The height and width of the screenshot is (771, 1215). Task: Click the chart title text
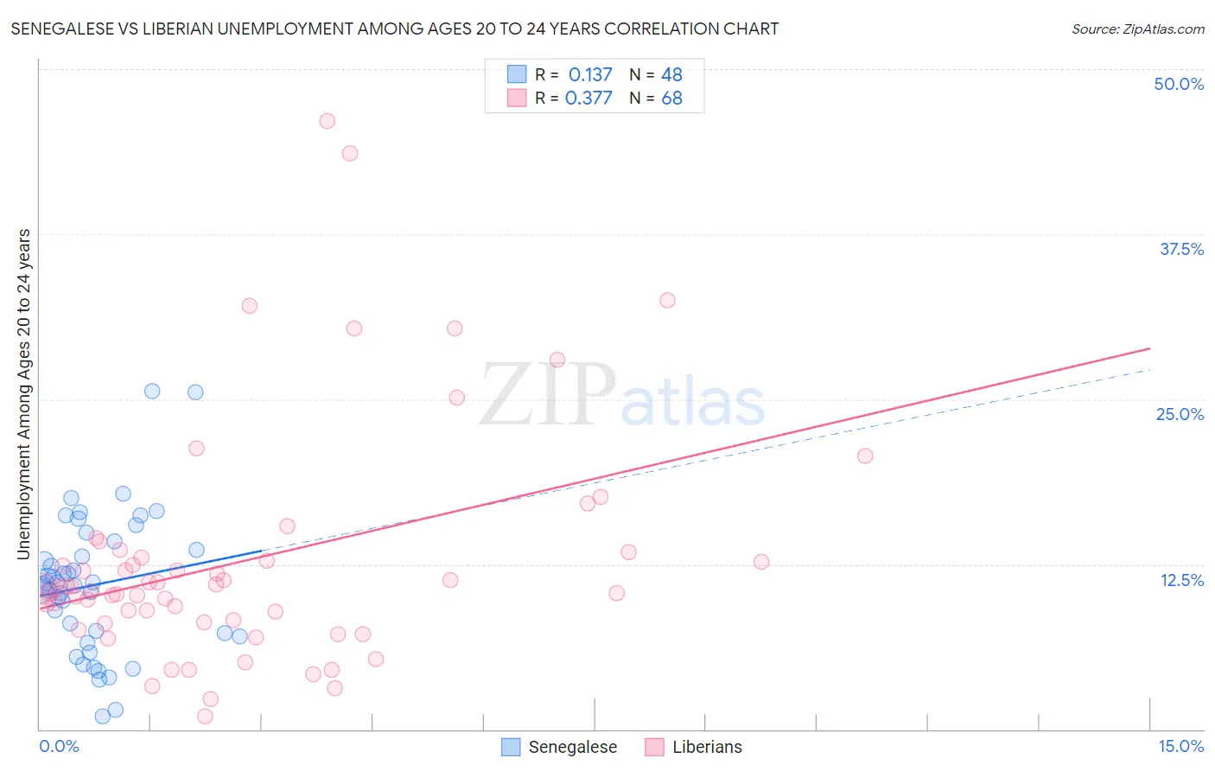[x=394, y=29]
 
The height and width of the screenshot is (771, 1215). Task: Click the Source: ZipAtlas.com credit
[x=1137, y=29]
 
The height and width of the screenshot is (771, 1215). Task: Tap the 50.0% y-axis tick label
[x=1179, y=84]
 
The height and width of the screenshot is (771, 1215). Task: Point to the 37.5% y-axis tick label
[x=1181, y=249]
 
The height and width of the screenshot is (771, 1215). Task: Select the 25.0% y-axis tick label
[x=1180, y=414]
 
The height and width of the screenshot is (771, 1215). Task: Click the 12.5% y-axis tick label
[x=1181, y=579]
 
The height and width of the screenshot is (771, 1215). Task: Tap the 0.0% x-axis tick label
[x=59, y=746]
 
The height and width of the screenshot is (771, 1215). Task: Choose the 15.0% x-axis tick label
[x=1180, y=746]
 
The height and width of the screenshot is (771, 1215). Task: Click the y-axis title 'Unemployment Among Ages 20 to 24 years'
[x=24, y=393]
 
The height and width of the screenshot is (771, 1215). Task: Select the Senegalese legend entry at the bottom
[x=560, y=747]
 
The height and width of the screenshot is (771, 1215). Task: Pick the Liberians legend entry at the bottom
[x=694, y=747]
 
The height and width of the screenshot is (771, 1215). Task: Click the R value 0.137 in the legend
[x=589, y=74]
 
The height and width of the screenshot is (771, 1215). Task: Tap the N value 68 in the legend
[x=671, y=98]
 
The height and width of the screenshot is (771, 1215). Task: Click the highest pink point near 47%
[x=327, y=121]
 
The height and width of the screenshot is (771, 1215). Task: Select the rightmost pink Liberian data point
[x=865, y=456]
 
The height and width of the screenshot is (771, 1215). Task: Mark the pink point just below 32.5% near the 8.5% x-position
[x=667, y=300]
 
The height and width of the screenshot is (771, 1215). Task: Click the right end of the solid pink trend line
[x=1150, y=348]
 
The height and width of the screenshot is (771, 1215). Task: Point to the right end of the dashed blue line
[x=1150, y=369]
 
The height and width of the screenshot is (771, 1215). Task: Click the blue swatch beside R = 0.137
[x=517, y=74]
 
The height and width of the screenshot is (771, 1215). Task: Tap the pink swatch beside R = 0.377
[x=517, y=98]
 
